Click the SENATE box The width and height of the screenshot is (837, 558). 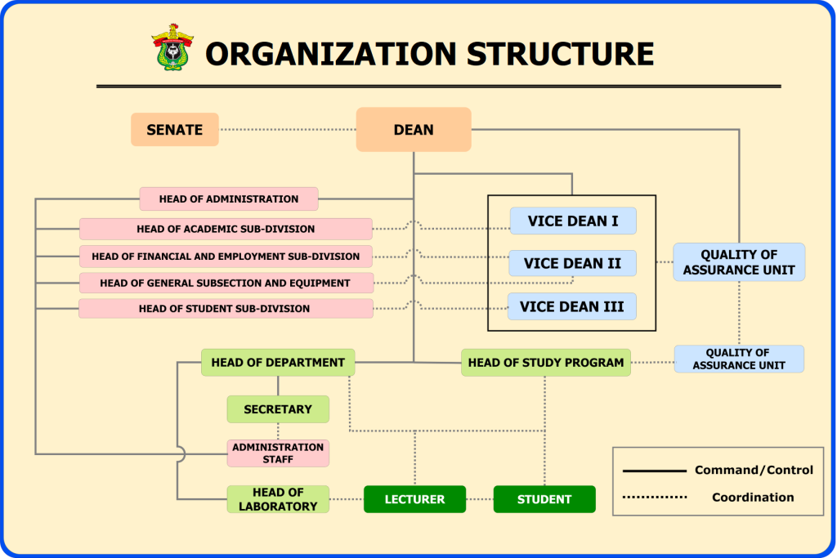coord(175,129)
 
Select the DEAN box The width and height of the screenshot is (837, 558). coord(414,129)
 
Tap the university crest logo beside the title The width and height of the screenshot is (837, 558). coord(172,47)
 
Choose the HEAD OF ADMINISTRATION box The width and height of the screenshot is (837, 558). coord(228,199)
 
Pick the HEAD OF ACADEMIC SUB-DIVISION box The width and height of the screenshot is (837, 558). coord(226,229)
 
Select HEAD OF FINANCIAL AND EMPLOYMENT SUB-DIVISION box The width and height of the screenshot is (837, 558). coord(226,257)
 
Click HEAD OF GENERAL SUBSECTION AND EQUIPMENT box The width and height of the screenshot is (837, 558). coord(226,283)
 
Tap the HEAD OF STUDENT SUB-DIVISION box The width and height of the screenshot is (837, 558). coord(226,309)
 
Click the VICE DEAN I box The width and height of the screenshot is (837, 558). coord(573,221)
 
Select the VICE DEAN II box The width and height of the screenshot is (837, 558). coord(573,263)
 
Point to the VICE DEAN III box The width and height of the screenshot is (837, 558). coord(572,306)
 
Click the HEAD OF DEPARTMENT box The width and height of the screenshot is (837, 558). coord(278,363)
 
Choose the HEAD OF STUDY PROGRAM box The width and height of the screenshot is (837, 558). coord(546,363)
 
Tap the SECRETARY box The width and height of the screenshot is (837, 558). coord(278,409)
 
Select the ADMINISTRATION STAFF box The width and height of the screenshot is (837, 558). coord(278,453)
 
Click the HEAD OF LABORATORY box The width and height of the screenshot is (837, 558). coord(278,499)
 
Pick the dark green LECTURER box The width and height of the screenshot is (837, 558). coord(414,499)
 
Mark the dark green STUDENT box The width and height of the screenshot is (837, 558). coord(544,499)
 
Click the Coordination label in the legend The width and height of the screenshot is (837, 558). coord(753,497)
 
